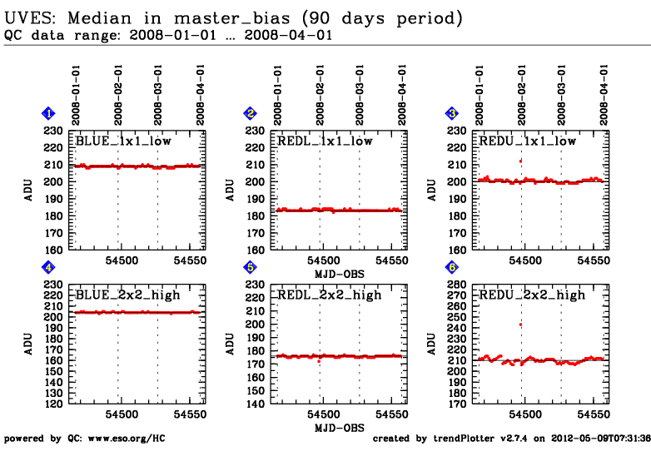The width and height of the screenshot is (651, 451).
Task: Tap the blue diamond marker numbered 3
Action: [x=452, y=113]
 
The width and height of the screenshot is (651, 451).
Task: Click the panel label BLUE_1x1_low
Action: [x=123, y=141]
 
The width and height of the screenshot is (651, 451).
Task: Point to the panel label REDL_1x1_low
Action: [x=325, y=141]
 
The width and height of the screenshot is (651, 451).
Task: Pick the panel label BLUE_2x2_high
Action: [x=127, y=295]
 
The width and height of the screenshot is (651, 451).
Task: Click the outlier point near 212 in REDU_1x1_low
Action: [x=520, y=161]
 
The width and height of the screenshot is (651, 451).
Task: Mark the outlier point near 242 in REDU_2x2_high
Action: [x=520, y=325]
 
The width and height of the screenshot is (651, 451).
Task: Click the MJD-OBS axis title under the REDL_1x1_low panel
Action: [x=340, y=273]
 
